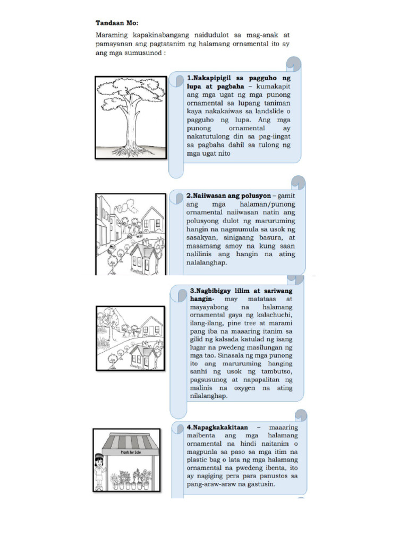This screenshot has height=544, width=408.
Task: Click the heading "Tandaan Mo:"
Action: tap(116, 23)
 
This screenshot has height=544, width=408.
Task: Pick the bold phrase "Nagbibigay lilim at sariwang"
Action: tap(241, 291)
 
